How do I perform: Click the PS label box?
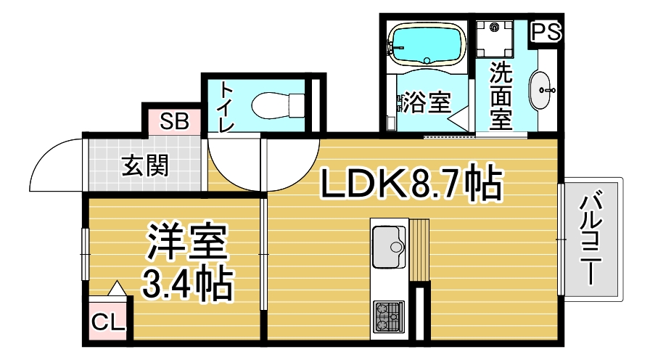click(546, 31)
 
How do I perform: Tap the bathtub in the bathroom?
click(427, 45)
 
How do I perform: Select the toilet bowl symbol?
click(278, 105)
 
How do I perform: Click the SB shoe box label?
click(175, 121)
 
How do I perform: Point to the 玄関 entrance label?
click(146, 165)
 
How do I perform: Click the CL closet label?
click(108, 322)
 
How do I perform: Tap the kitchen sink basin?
click(389, 247)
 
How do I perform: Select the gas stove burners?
click(388, 317)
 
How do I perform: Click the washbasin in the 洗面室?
click(540, 90)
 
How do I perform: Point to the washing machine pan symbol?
click(494, 39)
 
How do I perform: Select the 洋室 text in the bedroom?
click(186, 242)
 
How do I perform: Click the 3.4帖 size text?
click(187, 285)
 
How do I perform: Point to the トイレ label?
click(227, 107)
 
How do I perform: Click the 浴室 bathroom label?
click(427, 102)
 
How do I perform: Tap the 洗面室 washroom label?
click(501, 96)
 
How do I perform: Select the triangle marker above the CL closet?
click(117, 288)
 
